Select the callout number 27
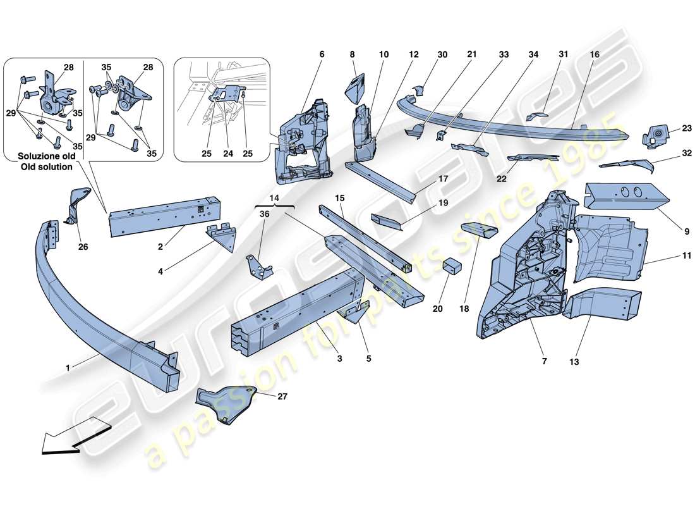282,397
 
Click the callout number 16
594,55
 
